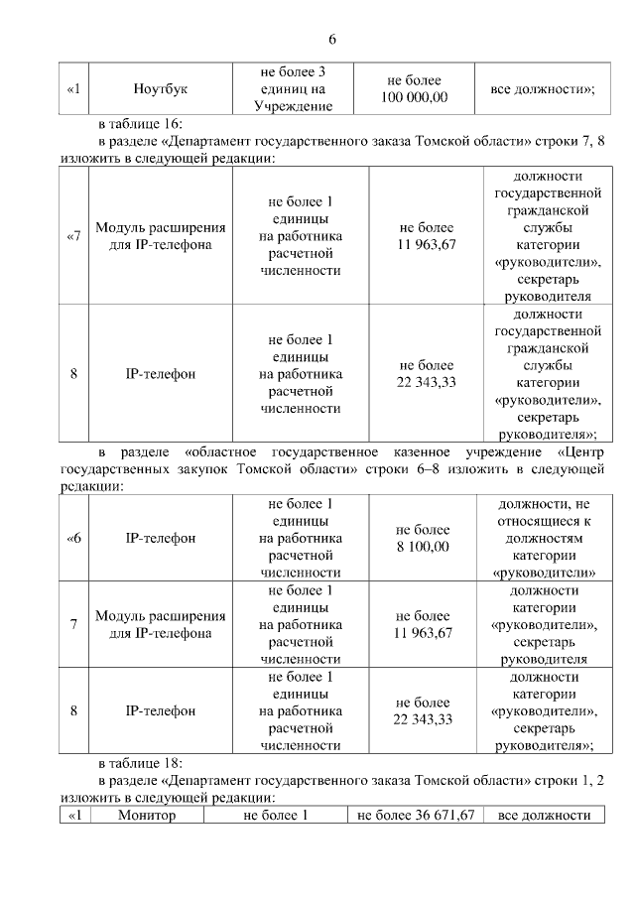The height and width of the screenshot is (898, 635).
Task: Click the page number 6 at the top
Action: [x=332, y=40]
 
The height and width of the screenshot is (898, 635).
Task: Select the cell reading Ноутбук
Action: [x=161, y=89]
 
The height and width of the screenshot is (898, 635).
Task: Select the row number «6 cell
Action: [x=73, y=538]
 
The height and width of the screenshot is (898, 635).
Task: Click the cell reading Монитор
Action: [x=146, y=815]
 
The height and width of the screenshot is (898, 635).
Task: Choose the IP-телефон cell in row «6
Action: [x=161, y=538]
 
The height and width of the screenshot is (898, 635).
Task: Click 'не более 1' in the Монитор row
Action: [x=276, y=815]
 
